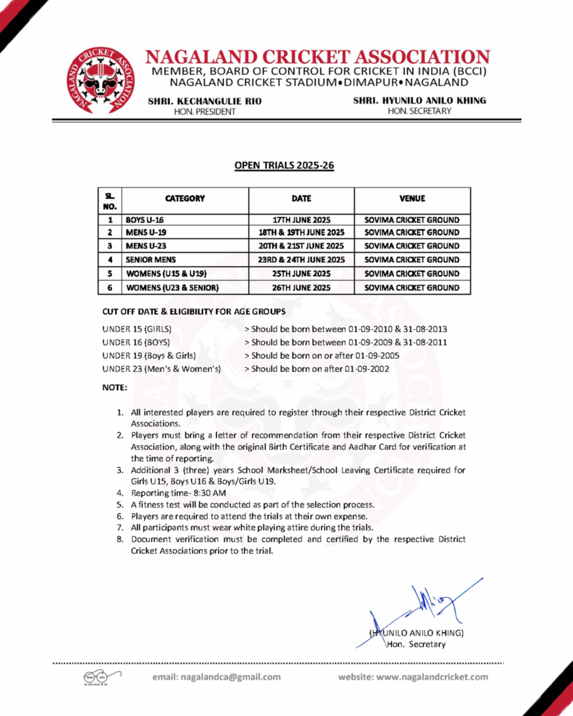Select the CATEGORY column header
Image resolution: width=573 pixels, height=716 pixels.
(x=185, y=199)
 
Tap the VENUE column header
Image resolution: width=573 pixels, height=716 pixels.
(x=412, y=199)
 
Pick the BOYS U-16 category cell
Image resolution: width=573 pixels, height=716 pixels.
(x=145, y=220)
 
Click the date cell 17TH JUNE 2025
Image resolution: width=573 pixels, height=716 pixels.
(x=302, y=220)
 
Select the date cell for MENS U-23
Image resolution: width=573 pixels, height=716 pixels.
(x=302, y=246)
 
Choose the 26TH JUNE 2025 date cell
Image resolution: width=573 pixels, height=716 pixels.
(x=302, y=287)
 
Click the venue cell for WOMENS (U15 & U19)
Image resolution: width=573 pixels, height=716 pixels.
(x=412, y=273)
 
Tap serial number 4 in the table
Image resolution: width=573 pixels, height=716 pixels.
(x=110, y=259)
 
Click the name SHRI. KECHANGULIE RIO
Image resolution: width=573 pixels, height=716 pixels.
(x=204, y=101)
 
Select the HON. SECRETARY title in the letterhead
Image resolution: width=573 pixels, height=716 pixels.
(x=419, y=111)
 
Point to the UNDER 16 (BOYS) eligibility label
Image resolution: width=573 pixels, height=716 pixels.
(x=136, y=342)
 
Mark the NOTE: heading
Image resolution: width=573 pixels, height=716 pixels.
(x=115, y=387)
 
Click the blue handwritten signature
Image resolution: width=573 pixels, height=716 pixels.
(x=427, y=605)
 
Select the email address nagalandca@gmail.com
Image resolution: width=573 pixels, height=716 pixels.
(x=230, y=676)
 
